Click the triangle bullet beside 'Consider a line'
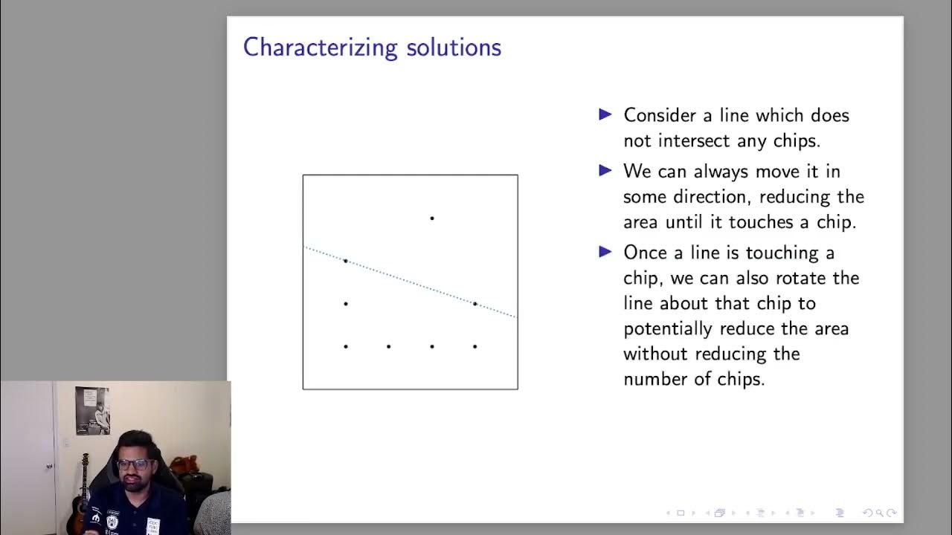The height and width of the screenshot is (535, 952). coord(605,114)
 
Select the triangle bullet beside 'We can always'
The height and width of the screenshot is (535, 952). coord(605,171)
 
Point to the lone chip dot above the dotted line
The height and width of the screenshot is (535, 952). coord(431,218)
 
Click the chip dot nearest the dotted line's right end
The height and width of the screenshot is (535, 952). coord(475,303)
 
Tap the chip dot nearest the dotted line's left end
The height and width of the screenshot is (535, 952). coord(345,261)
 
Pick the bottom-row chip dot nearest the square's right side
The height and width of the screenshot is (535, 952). coord(475,346)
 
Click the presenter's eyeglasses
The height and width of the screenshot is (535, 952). coord(133,464)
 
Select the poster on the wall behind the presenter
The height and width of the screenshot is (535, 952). coord(91,410)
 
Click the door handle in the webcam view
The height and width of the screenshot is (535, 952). coord(50,466)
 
